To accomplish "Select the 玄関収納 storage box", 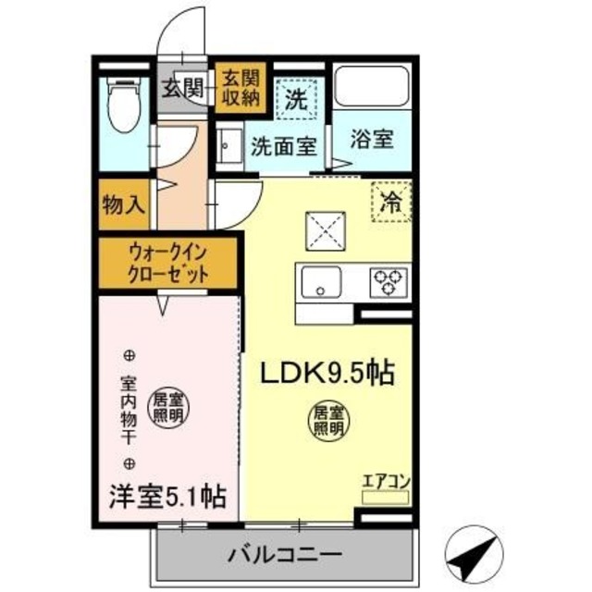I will click(239, 89).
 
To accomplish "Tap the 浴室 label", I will click(373, 141).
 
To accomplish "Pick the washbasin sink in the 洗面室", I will click(228, 145).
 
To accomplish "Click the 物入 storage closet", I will click(124, 205).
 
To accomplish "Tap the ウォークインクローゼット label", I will click(168, 262).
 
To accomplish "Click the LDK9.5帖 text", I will click(327, 374).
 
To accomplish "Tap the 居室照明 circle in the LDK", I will click(327, 420).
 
